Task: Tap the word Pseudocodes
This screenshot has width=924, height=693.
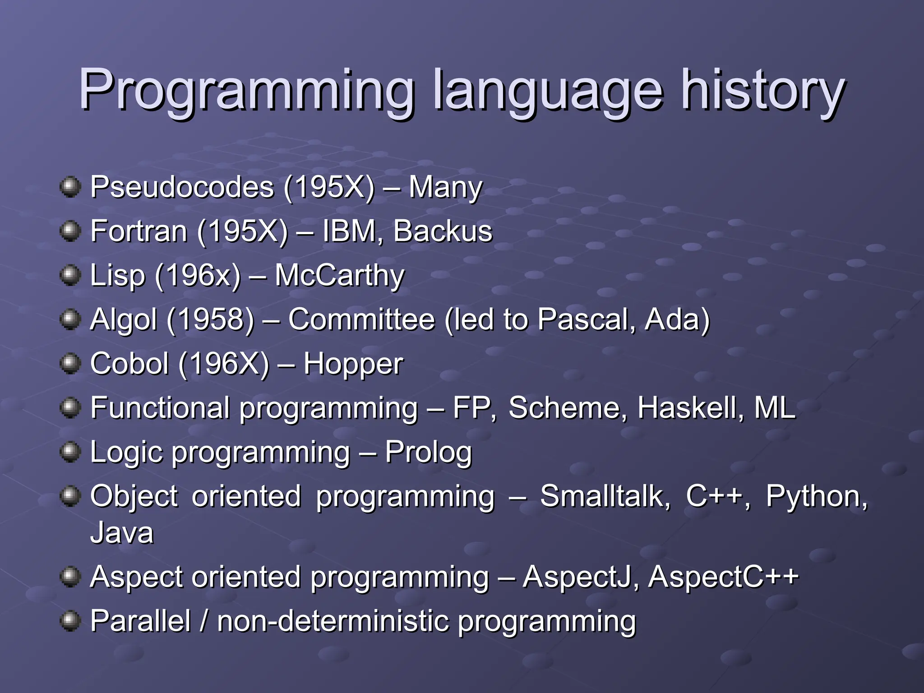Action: [182, 187]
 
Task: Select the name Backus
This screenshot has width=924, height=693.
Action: [443, 231]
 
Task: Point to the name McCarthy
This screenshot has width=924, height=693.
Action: [339, 275]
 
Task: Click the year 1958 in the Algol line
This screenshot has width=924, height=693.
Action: [211, 319]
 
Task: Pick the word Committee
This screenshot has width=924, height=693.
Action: [361, 319]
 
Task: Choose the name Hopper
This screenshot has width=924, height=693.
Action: [353, 364]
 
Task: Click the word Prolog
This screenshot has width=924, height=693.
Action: [428, 452]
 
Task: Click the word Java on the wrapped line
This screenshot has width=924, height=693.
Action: [122, 532]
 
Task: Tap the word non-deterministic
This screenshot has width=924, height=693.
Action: [333, 621]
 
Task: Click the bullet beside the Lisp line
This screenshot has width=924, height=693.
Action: [70, 275]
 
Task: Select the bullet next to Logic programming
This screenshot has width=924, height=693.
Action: [70, 452]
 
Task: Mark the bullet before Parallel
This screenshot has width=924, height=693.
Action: [70, 621]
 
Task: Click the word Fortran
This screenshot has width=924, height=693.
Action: [139, 231]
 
